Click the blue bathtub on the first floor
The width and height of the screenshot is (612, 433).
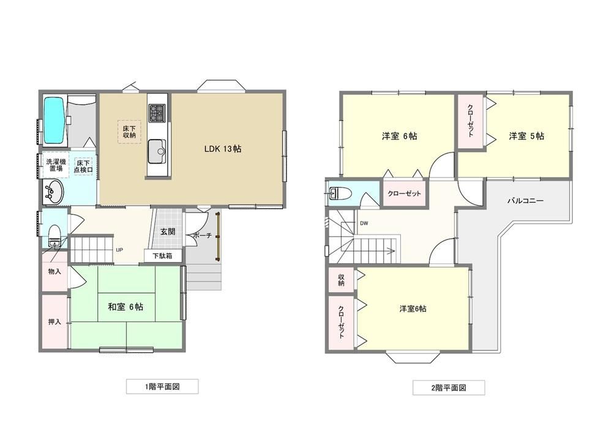click(54, 120)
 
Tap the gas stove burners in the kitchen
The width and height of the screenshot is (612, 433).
click(157, 112)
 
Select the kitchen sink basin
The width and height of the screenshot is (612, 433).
click(157, 151)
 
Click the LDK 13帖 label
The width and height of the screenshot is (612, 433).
click(223, 149)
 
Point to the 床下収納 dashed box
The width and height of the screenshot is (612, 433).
click(130, 132)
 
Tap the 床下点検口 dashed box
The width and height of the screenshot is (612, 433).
click(83, 166)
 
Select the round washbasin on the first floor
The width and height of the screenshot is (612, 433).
click(53, 192)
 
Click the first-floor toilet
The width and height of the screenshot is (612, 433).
click(54, 235)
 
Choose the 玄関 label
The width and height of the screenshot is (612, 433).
click(168, 232)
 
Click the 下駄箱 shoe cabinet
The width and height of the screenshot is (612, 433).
click(163, 256)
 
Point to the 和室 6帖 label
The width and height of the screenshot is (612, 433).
click(125, 307)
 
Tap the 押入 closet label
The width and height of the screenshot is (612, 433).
click(54, 322)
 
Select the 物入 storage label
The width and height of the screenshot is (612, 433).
click(54, 271)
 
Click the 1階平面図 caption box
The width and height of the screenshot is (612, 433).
click(162, 386)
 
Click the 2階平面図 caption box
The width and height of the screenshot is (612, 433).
click(449, 388)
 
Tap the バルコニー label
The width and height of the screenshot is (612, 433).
click(525, 201)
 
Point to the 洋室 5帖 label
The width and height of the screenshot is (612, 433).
click(526, 136)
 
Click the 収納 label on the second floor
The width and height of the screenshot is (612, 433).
click(341, 279)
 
